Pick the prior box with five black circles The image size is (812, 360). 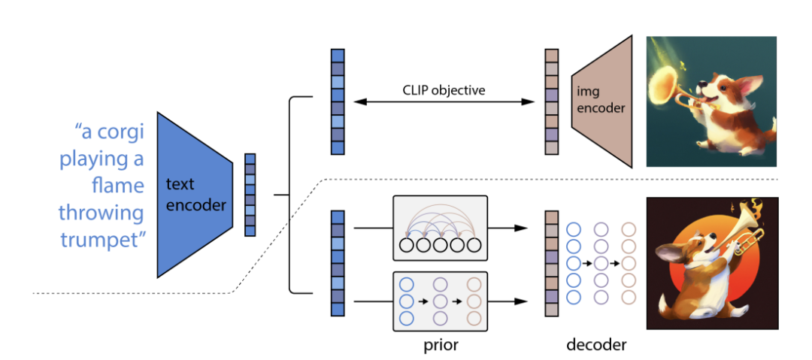[441, 228]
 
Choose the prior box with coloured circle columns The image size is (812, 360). [441, 301]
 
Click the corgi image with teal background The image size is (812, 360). [711, 101]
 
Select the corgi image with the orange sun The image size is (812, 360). [711, 263]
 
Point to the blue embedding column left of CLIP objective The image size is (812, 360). [338, 101]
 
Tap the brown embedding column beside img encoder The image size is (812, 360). [552, 101]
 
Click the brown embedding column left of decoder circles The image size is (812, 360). [552, 263]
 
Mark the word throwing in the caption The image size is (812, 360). [101, 213]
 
